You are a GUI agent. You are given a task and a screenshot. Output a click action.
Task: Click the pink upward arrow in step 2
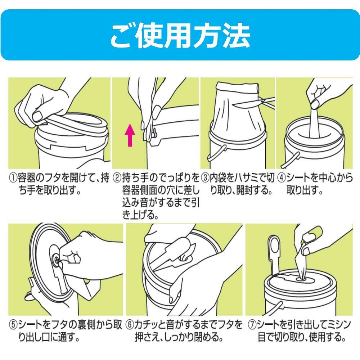point(130,135)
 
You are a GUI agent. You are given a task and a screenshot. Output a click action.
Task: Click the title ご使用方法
point(180,36)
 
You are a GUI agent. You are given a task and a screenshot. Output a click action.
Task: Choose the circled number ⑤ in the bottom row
point(13,325)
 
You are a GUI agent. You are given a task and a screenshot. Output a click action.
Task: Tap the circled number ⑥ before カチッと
point(130,325)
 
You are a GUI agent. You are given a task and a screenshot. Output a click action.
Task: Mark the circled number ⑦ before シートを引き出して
point(252,325)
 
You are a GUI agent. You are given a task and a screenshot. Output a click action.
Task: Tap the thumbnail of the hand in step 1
point(38,116)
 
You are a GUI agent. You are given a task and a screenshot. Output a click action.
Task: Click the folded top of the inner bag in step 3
point(238,87)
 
